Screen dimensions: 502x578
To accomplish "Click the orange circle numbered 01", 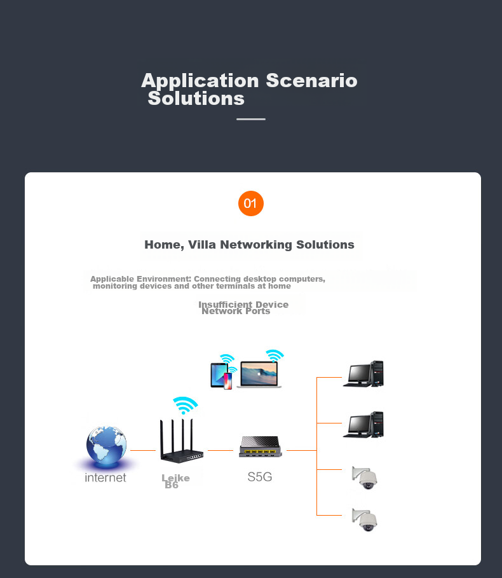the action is [250, 203].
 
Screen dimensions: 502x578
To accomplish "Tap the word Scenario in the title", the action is [311, 81].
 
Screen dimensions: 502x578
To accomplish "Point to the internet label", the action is [105, 478].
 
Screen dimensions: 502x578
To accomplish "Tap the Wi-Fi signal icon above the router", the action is [185, 406].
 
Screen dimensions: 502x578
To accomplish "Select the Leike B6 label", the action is [175, 481].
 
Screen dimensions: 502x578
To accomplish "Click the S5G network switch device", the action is [261, 448].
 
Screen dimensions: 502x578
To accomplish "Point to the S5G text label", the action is [260, 477].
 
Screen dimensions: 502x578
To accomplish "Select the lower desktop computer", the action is [363, 425].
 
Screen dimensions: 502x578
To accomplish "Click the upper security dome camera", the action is [365, 478].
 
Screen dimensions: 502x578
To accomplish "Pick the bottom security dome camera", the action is [365, 520].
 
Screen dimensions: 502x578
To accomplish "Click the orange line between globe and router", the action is [143, 450].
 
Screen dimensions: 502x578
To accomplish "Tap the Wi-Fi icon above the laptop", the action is [275, 355].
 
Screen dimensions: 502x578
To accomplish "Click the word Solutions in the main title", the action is [196, 99].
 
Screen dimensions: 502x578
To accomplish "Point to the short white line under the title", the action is [251, 119].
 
